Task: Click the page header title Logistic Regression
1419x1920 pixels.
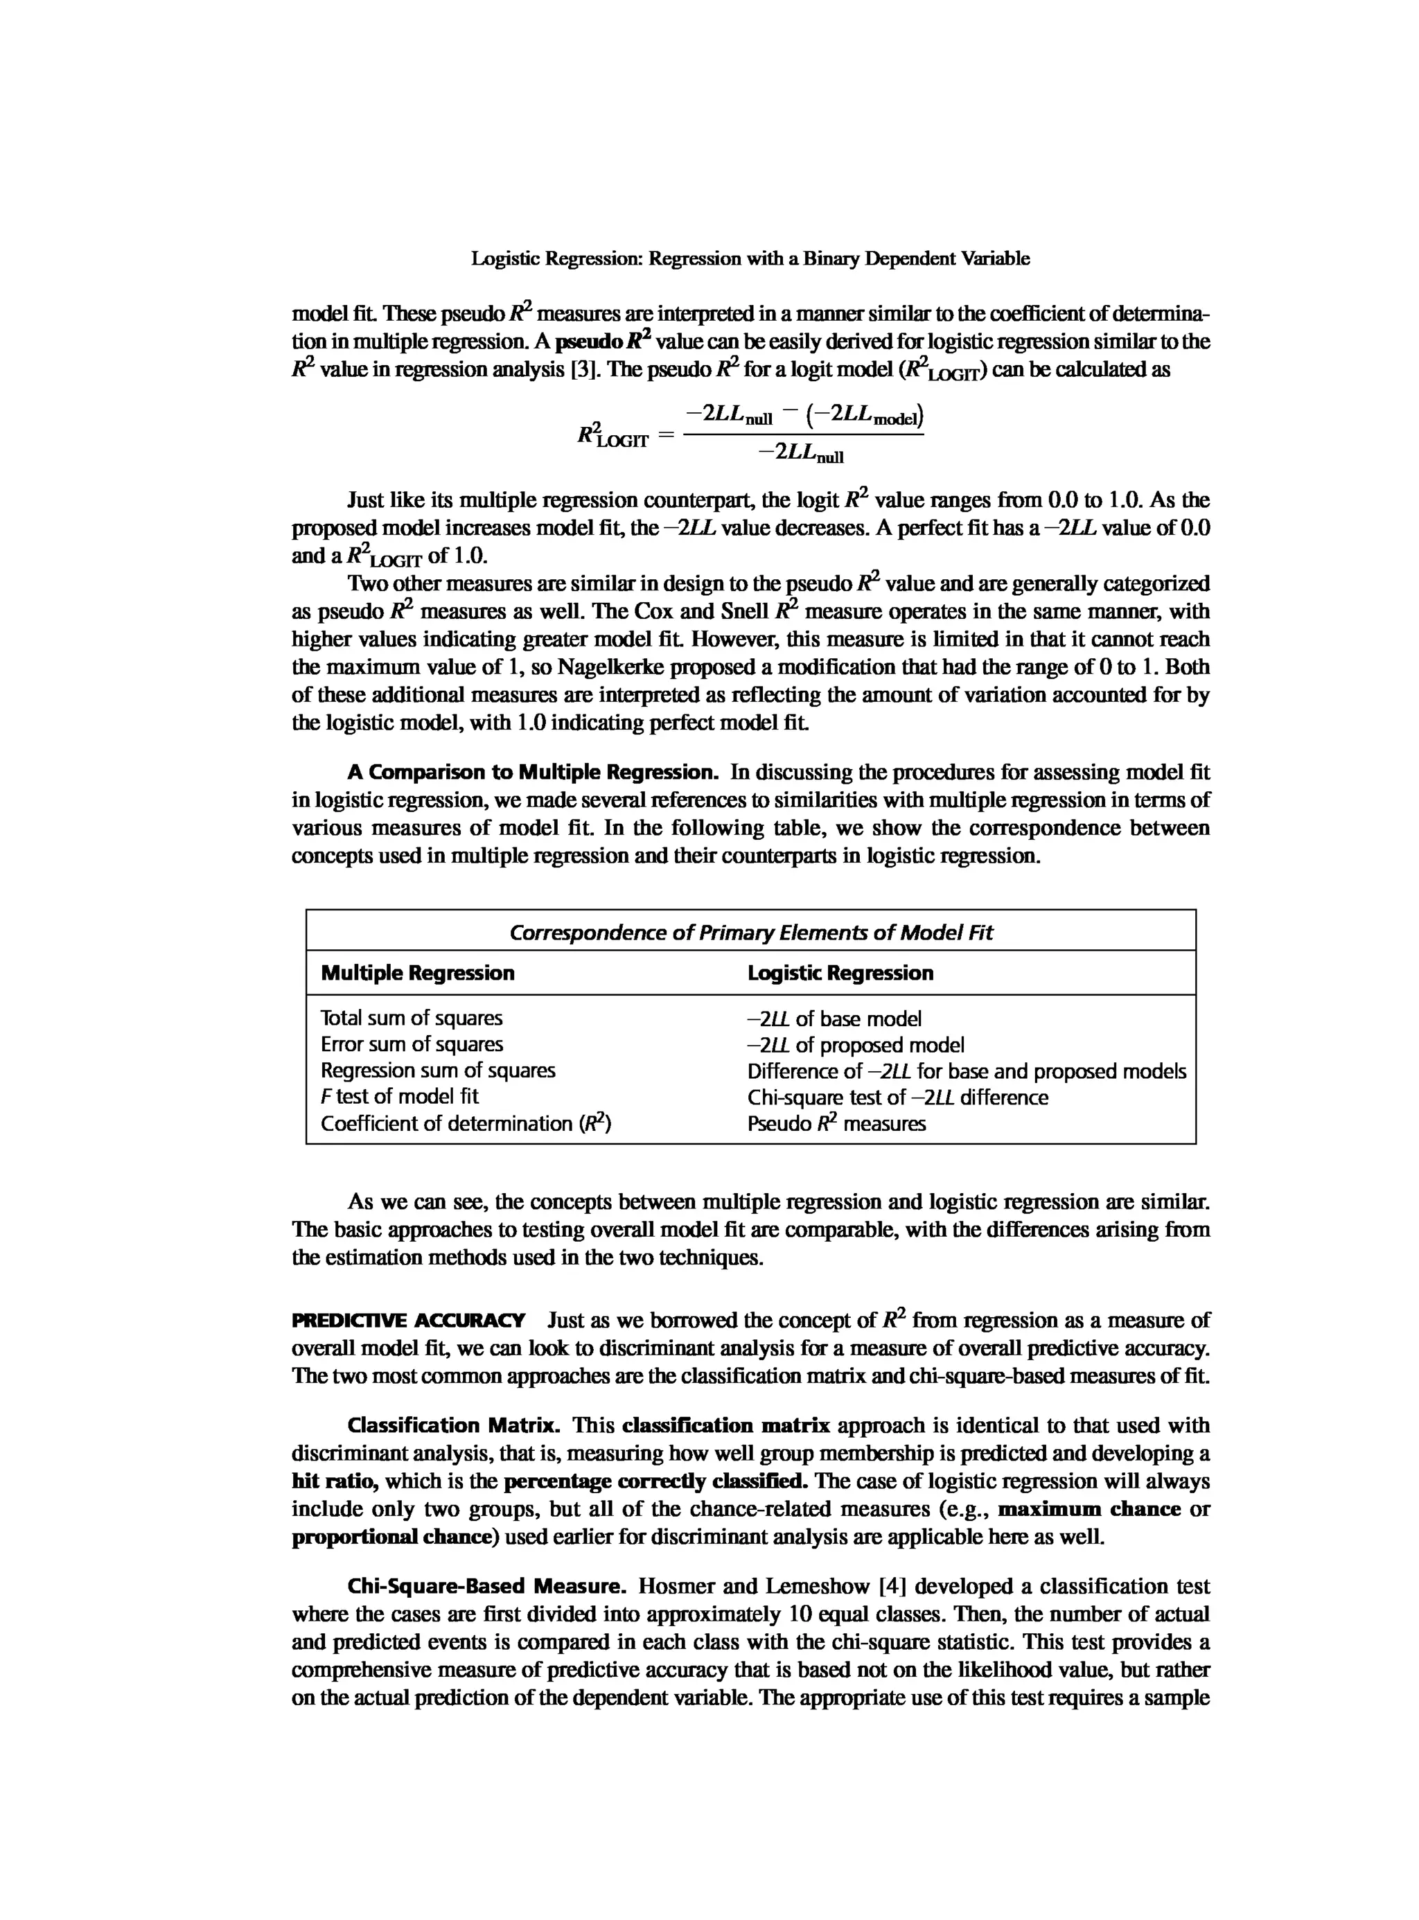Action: click(750, 258)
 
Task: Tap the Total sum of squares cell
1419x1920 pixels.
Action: click(412, 1018)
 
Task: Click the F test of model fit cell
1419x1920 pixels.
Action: click(399, 1096)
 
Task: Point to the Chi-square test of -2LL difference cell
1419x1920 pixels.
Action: click(897, 1097)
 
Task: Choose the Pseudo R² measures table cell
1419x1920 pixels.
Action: click(836, 1124)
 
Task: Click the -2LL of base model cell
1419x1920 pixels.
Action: click(834, 1019)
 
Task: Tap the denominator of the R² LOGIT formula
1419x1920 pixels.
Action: click(802, 452)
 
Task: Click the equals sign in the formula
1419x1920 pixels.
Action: click(665, 437)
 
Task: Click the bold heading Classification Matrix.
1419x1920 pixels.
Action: click(452, 1425)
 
